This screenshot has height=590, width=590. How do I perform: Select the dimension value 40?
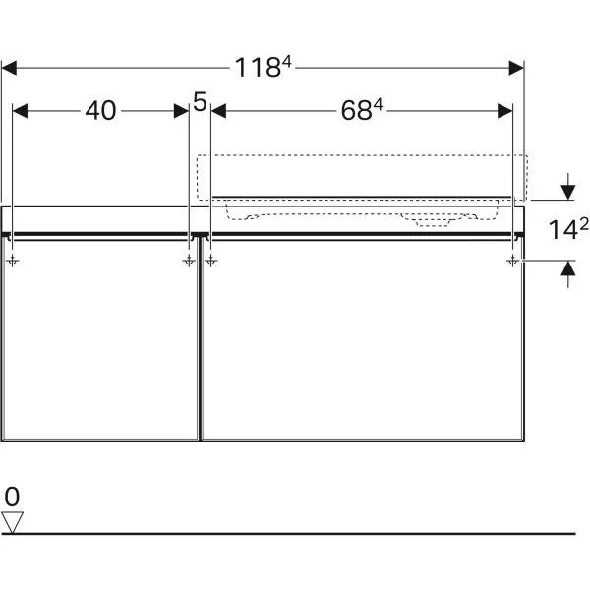click(100, 111)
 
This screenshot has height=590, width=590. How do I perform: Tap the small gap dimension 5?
click(201, 101)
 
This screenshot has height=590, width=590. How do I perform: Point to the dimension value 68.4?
click(362, 111)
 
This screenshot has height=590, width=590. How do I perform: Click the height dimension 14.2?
click(567, 230)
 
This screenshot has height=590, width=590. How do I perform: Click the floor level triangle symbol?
click(12, 521)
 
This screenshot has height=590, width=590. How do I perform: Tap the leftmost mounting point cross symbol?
click(12, 260)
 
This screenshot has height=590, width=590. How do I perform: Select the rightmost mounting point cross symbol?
click(513, 260)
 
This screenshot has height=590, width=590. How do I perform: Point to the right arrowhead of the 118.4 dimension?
click(516, 68)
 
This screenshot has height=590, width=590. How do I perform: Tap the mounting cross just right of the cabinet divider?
click(211, 260)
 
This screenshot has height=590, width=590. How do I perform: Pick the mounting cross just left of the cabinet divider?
click(187, 260)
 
